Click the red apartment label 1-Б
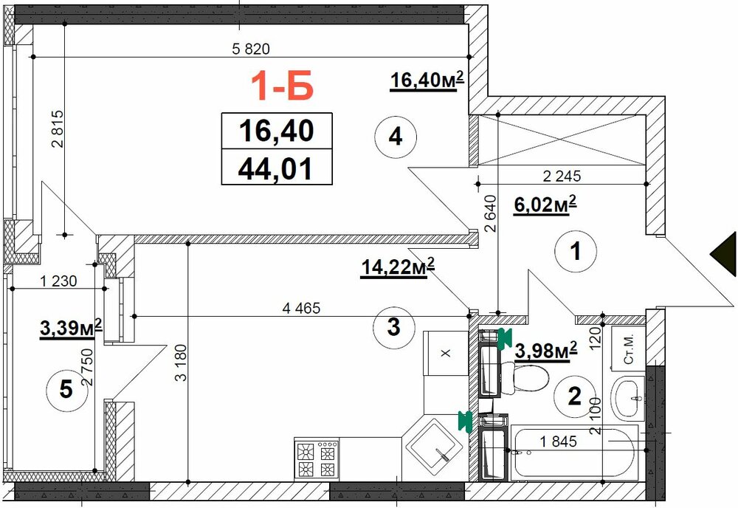click(x=282, y=86)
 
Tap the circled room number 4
click(x=396, y=137)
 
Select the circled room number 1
click(x=576, y=251)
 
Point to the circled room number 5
click(x=66, y=389)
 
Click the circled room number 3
click(x=393, y=327)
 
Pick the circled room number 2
click(x=575, y=396)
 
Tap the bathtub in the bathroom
click(x=574, y=452)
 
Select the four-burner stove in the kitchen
click(x=317, y=459)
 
